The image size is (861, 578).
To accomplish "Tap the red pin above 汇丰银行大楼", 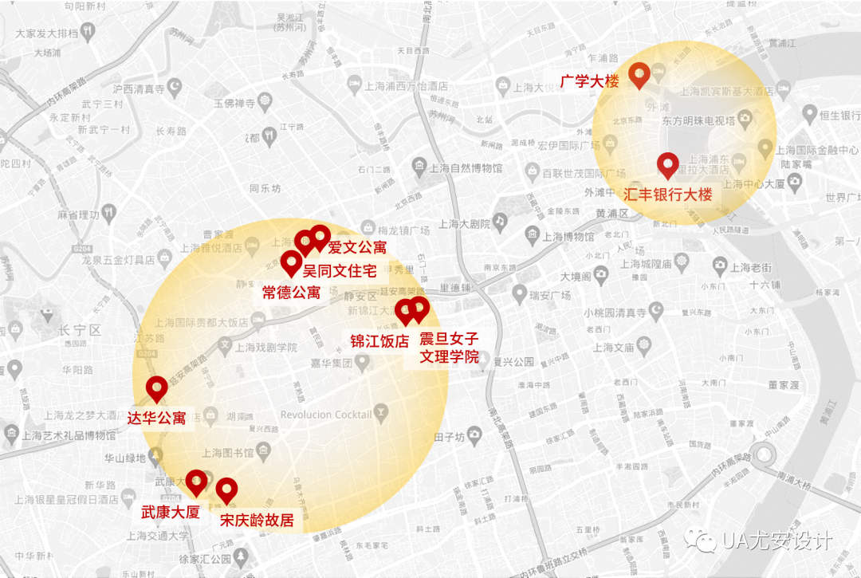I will point(668,164).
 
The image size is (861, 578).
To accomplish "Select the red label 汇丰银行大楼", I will point(668,195).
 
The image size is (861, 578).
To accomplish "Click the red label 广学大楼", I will point(589,81).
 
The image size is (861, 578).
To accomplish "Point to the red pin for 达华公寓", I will point(157,388).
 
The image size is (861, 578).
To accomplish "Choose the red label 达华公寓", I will point(157,418).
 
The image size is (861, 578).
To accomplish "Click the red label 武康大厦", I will point(170,512).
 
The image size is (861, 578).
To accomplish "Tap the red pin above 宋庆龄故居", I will point(227,490).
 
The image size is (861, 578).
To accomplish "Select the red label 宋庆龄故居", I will point(257,521).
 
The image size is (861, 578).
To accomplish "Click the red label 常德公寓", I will point(291,292).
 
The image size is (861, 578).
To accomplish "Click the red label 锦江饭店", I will point(379,341).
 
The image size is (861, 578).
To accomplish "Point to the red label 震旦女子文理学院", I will point(450,348).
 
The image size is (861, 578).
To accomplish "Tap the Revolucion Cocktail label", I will point(326,415).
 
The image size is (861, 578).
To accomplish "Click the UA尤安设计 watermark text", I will point(777,541).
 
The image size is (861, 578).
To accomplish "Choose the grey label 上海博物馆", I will point(568,236).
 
